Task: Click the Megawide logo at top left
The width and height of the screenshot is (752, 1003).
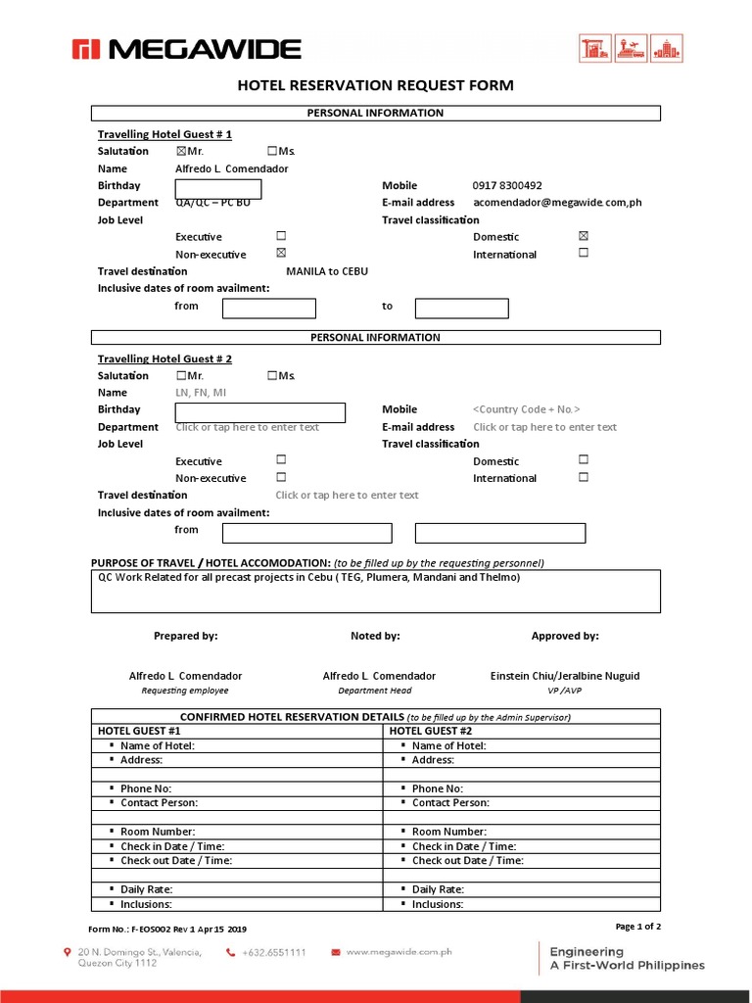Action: (186, 49)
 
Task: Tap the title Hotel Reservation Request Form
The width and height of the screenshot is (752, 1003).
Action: (375, 86)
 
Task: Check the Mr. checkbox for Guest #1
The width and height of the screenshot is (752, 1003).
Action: (181, 152)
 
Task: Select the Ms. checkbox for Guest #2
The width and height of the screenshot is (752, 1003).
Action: (271, 376)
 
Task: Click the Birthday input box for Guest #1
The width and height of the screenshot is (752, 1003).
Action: (218, 189)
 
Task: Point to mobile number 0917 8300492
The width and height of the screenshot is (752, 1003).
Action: (506, 186)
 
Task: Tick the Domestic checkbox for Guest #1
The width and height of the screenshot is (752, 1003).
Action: (584, 236)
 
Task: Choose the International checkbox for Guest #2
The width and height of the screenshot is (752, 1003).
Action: (584, 478)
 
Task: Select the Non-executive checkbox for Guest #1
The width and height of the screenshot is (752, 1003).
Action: (281, 254)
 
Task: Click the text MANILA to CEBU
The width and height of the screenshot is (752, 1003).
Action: (326, 271)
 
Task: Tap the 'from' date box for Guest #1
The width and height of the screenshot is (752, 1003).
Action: (269, 309)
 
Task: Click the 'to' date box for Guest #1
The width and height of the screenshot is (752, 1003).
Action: (461, 309)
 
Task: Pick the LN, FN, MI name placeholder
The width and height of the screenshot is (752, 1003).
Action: (201, 393)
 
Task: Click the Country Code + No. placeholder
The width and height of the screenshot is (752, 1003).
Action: (526, 409)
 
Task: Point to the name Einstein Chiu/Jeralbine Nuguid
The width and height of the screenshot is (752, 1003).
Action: (565, 676)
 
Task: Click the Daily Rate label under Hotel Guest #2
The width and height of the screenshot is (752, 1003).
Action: (438, 889)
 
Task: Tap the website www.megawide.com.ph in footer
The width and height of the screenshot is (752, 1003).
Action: (398, 951)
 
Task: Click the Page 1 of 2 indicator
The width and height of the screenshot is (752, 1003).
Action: (637, 927)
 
